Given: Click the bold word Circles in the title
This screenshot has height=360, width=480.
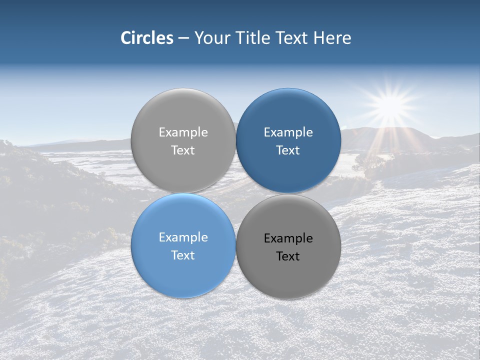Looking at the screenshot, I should (x=146, y=38).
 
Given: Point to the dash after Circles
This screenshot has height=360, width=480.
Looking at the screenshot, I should (x=183, y=38).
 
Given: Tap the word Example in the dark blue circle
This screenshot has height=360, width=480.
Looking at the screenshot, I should (x=288, y=132).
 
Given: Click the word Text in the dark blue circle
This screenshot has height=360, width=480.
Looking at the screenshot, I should (x=288, y=150).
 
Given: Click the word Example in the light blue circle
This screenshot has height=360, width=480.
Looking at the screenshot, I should (x=183, y=237).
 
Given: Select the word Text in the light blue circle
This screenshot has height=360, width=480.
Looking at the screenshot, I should (x=183, y=255).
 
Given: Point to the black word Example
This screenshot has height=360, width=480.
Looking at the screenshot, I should (x=288, y=238).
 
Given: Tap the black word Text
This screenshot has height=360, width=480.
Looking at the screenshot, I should (x=288, y=256).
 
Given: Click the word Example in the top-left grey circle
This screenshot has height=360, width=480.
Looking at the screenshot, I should (x=183, y=132).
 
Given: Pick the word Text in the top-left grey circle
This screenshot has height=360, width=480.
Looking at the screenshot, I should (x=183, y=150).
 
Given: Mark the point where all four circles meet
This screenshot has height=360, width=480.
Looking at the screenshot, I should (x=236, y=193).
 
